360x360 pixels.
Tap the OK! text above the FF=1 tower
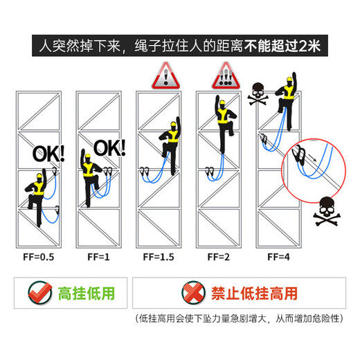pyautogui.click(x=109, y=148)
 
